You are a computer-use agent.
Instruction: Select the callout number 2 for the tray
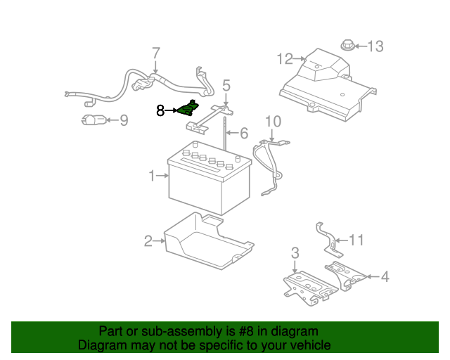(148, 241)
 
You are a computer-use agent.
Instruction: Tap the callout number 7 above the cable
(156, 53)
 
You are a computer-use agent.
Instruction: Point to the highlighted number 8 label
(160, 110)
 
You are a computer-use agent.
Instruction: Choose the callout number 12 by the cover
(284, 58)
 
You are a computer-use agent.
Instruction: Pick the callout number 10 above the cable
(272, 121)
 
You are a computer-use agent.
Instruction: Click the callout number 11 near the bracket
(356, 240)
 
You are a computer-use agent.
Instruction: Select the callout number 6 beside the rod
(243, 133)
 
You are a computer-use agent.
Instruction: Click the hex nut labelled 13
(347, 46)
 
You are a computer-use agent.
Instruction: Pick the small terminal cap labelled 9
(93, 121)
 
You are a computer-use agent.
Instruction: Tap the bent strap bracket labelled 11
(327, 238)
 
